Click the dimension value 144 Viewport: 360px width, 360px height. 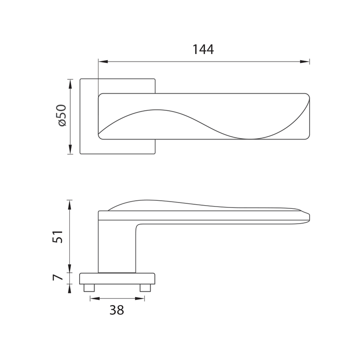point(203,49)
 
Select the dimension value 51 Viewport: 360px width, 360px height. point(58,237)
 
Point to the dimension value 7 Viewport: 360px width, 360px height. point(58,277)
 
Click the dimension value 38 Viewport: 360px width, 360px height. point(117,310)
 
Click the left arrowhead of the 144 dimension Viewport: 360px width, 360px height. point(103,62)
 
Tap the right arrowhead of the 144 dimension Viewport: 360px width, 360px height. point(305,62)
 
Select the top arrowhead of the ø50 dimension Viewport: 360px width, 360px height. point(70,84)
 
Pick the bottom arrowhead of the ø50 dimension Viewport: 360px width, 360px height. point(70,149)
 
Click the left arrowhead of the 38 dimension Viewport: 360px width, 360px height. point(95,298)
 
